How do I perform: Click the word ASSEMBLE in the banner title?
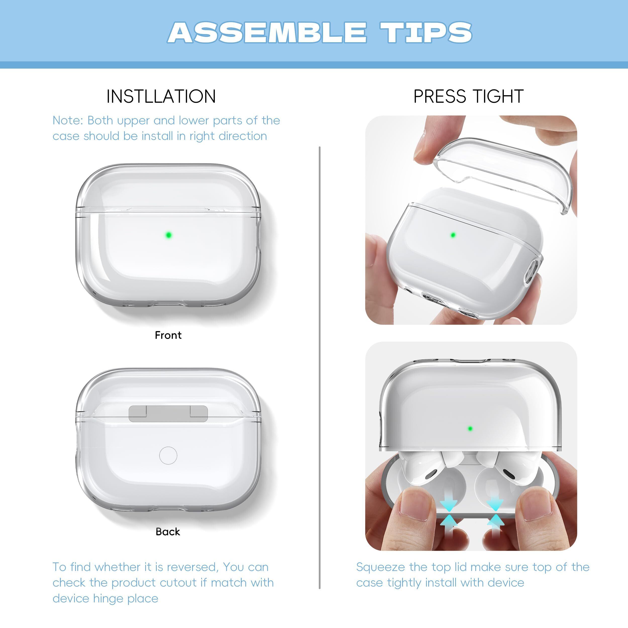coord(267,32)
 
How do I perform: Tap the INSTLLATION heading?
coord(161,96)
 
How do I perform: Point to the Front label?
coord(168,335)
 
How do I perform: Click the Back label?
coord(168,532)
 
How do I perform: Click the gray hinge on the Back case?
coord(168,413)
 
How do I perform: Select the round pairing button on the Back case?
coord(168,455)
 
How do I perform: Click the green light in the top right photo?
coord(453,235)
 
